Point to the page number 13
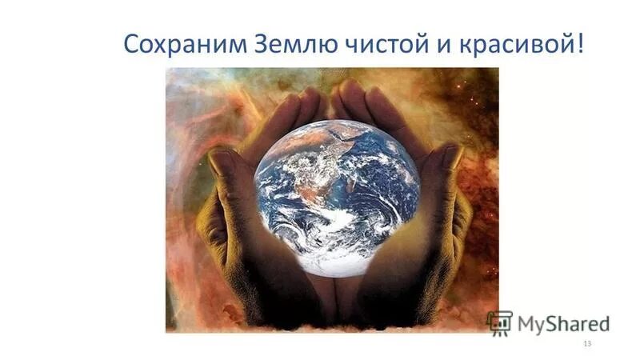(x=587, y=343)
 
